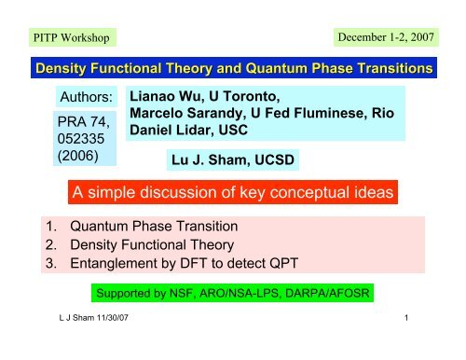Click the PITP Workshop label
tap(68, 37)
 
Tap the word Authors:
tap(85, 97)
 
